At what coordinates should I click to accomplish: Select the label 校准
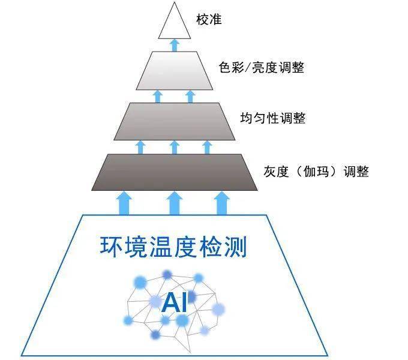tap(209, 20)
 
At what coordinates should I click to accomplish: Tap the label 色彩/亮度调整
tap(262, 67)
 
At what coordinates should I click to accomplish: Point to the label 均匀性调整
tap(272, 118)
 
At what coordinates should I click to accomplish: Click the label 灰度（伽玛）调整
tap(316, 172)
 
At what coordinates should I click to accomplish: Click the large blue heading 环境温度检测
tap(173, 247)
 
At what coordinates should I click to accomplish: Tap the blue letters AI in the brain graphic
tap(174, 302)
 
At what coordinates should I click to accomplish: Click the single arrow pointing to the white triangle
tap(175, 45)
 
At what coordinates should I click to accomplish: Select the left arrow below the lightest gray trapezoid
tap(158, 97)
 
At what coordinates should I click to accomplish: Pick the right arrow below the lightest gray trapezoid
tap(190, 97)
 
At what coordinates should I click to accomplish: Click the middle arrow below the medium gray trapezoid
tap(175, 148)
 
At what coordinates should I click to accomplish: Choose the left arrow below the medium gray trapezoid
tap(140, 148)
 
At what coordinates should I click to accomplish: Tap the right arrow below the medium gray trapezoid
tap(207, 148)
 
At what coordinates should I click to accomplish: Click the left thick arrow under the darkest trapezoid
tap(124, 203)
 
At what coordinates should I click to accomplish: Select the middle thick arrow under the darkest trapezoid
tap(175, 203)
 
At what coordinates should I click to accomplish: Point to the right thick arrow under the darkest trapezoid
tap(221, 203)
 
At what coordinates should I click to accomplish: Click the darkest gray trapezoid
tap(175, 172)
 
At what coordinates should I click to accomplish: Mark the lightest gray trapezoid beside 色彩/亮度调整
tap(175, 70)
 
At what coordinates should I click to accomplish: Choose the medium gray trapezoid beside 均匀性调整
tap(175, 121)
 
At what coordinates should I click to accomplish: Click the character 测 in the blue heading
tap(236, 247)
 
